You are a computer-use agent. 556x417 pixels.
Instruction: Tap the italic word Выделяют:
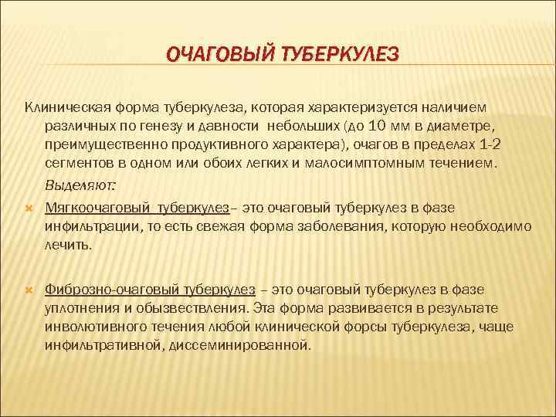pyautogui.click(x=81, y=186)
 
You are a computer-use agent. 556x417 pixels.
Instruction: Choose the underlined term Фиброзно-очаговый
pyautogui.click(x=111, y=290)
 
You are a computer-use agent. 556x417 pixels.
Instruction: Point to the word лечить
pyautogui.click(x=68, y=246)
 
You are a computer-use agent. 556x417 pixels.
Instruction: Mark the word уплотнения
pyautogui.click(x=83, y=308)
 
